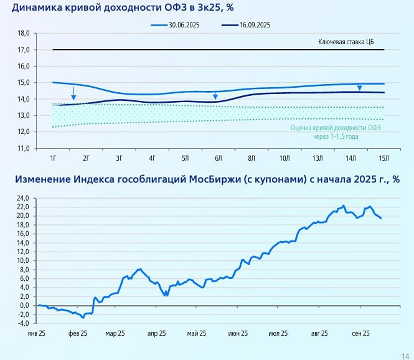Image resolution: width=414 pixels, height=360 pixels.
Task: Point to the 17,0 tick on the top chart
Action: coord(23,50)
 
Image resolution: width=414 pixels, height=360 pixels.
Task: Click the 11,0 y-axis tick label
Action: coord(23,148)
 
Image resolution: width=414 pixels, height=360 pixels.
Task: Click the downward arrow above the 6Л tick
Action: coord(215,95)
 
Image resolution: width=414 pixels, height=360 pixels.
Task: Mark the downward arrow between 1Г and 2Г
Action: coord(73,94)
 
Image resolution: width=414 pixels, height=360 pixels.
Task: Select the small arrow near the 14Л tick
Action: coord(359,88)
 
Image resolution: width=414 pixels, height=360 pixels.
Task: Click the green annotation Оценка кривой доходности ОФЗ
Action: coord(335,128)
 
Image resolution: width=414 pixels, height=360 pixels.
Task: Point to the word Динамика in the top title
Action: coord(39,7)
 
